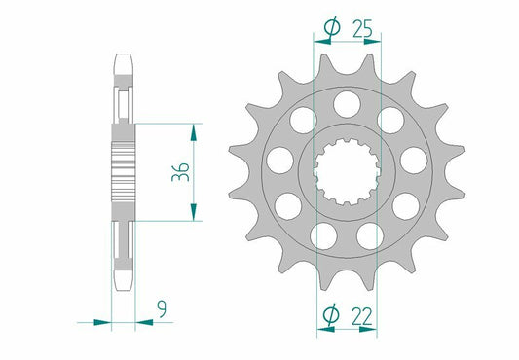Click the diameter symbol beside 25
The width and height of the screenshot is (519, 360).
[x=329, y=31]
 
